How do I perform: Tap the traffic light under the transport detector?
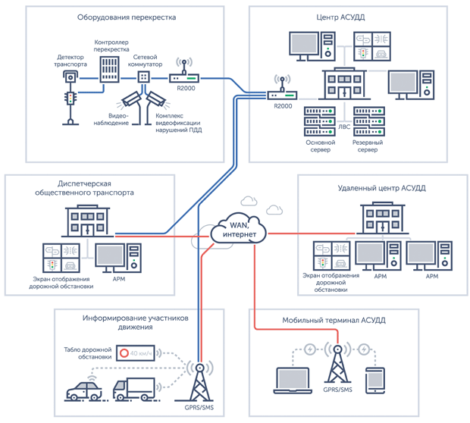click(70, 108)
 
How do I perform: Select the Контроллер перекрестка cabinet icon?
click(109, 69)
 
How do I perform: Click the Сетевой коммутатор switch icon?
click(143, 77)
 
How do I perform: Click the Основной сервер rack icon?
click(320, 121)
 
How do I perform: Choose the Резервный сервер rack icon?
click(369, 121)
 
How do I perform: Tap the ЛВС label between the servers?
click(344, 127)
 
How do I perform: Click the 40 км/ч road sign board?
click(136, 353)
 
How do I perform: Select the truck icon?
click(134, 389)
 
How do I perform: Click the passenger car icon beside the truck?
click(84, 391)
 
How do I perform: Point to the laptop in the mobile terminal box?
click(293, 381)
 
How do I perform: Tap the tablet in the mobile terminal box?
click(375, 381)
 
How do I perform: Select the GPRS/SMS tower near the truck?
click(199, 382)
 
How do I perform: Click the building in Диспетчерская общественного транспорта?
click(87, 221)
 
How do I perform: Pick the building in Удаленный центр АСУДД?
click(383, 218)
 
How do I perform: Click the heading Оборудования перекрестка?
click(127, 17)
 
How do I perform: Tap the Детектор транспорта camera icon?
click(70, 77)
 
